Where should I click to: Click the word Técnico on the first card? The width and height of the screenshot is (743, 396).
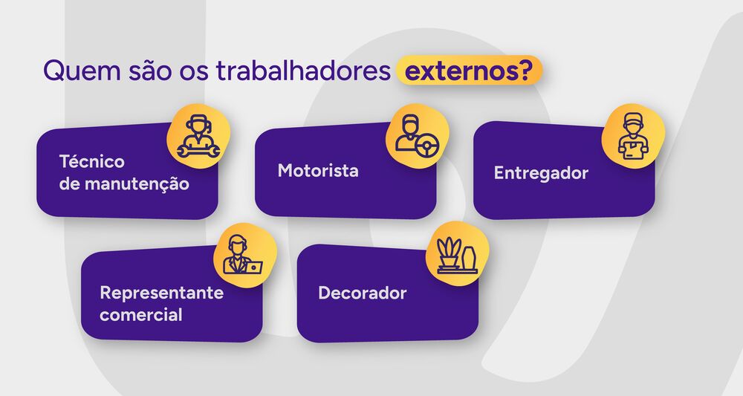(x=92, y=161)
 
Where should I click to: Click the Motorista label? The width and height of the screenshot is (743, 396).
(x=318, y=171)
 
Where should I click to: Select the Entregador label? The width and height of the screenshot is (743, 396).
(x=541, y=173)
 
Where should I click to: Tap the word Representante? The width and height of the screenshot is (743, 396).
(x=162, y=292)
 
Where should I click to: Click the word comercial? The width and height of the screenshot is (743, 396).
(x=141, y=314)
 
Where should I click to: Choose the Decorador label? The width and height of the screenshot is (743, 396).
(x=363, y=293)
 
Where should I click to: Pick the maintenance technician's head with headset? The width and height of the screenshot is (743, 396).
(x=197, y=126)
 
